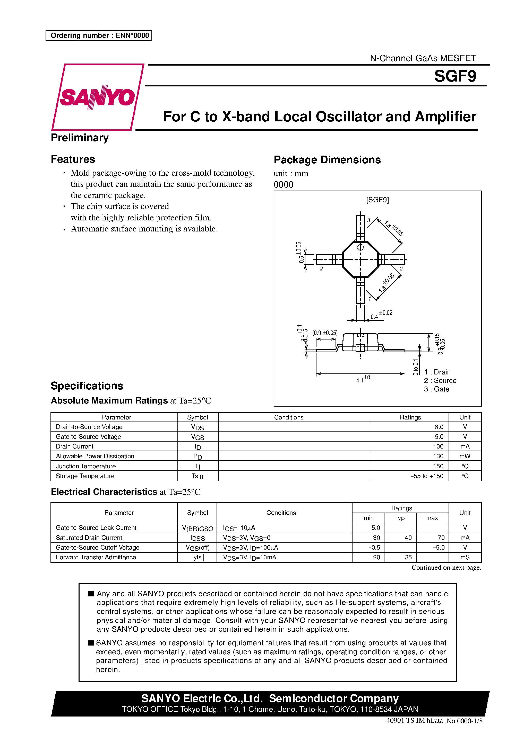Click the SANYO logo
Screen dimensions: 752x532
[x=97, y=97]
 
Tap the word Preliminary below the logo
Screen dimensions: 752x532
[x=80, y=138]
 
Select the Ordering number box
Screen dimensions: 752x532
[x=99, y=35]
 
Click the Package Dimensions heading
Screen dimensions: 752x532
[x=327, y=160]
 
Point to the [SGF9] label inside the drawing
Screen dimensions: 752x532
[x=377, y=200]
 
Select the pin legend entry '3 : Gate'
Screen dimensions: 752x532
[x=436, y=389]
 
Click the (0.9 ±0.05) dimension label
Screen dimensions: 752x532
[x=325, y=333]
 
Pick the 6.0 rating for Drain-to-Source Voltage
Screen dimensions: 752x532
[x=439, y=427]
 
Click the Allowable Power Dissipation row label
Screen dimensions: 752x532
[x=95, y=456]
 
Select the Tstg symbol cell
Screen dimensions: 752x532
[x=198, y=476]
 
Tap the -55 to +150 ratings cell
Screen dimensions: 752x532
[x=427, y=476]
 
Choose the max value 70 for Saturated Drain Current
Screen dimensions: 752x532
[x=441, y=538]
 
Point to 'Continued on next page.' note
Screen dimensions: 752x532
[x=446, y=568]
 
